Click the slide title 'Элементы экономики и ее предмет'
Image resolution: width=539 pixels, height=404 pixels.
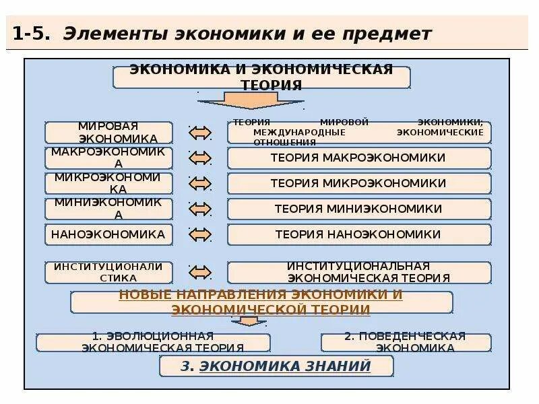point(247,34)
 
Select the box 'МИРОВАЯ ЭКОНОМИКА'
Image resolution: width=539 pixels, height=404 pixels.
point(108,132)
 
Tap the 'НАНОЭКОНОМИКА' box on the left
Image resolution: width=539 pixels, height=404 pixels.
point(108,234)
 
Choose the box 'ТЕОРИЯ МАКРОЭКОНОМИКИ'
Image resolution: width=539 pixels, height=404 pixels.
point(358,158)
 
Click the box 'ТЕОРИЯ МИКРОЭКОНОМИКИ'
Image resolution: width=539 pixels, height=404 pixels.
point(358,183)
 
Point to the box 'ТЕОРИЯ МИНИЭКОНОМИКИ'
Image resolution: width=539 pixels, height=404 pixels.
point(358,209)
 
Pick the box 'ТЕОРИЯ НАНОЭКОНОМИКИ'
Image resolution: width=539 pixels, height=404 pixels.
point(358,234)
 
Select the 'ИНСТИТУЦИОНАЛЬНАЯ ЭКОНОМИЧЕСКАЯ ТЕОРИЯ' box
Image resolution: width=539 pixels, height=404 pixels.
point(358,272)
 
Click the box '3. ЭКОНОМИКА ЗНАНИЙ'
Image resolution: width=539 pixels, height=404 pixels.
point(276,366)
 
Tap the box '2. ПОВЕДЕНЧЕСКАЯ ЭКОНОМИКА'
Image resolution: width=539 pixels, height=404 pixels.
point(406,342)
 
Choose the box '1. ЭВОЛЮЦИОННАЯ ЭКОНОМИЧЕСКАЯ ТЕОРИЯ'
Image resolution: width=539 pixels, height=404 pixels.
point(153,342)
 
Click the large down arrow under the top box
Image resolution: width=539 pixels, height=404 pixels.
point(251,101)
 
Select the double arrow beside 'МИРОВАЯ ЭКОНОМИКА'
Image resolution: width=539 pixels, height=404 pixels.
point(200,133)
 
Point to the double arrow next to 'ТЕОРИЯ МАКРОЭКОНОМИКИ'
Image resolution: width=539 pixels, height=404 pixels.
point(200,158)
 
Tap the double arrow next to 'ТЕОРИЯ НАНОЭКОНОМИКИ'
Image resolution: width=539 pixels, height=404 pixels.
point(200,235)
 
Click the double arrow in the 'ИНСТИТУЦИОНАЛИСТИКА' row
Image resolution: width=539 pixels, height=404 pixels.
point(200,273)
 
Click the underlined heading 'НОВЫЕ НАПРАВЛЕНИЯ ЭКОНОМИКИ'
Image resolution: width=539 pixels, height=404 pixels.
point(261,295)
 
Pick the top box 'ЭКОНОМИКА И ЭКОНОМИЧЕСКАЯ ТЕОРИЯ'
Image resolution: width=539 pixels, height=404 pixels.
point(261,77)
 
